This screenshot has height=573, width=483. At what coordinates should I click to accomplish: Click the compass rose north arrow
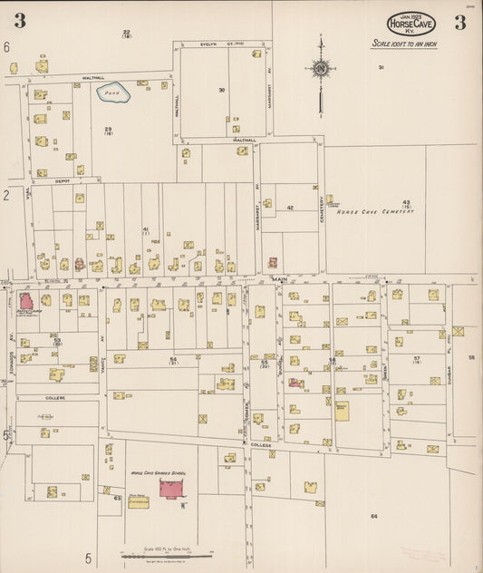pos(320,68)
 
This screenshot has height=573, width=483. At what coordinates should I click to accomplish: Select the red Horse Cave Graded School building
pos(171,489)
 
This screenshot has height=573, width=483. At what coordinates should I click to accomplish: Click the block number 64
pos(372,515)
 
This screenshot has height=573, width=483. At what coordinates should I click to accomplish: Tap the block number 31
pos(382,67)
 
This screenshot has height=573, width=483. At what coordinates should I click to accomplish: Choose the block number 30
pos(221,90)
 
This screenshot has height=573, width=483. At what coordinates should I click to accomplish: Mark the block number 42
pos(290,208)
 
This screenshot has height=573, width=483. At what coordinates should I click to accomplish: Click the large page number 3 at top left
pos(19,21)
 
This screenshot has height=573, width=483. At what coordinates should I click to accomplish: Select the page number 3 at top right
pos(459,22)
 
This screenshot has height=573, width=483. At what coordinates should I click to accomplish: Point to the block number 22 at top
pos(126,34)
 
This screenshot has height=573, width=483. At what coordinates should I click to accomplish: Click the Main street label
pos(278,279)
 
